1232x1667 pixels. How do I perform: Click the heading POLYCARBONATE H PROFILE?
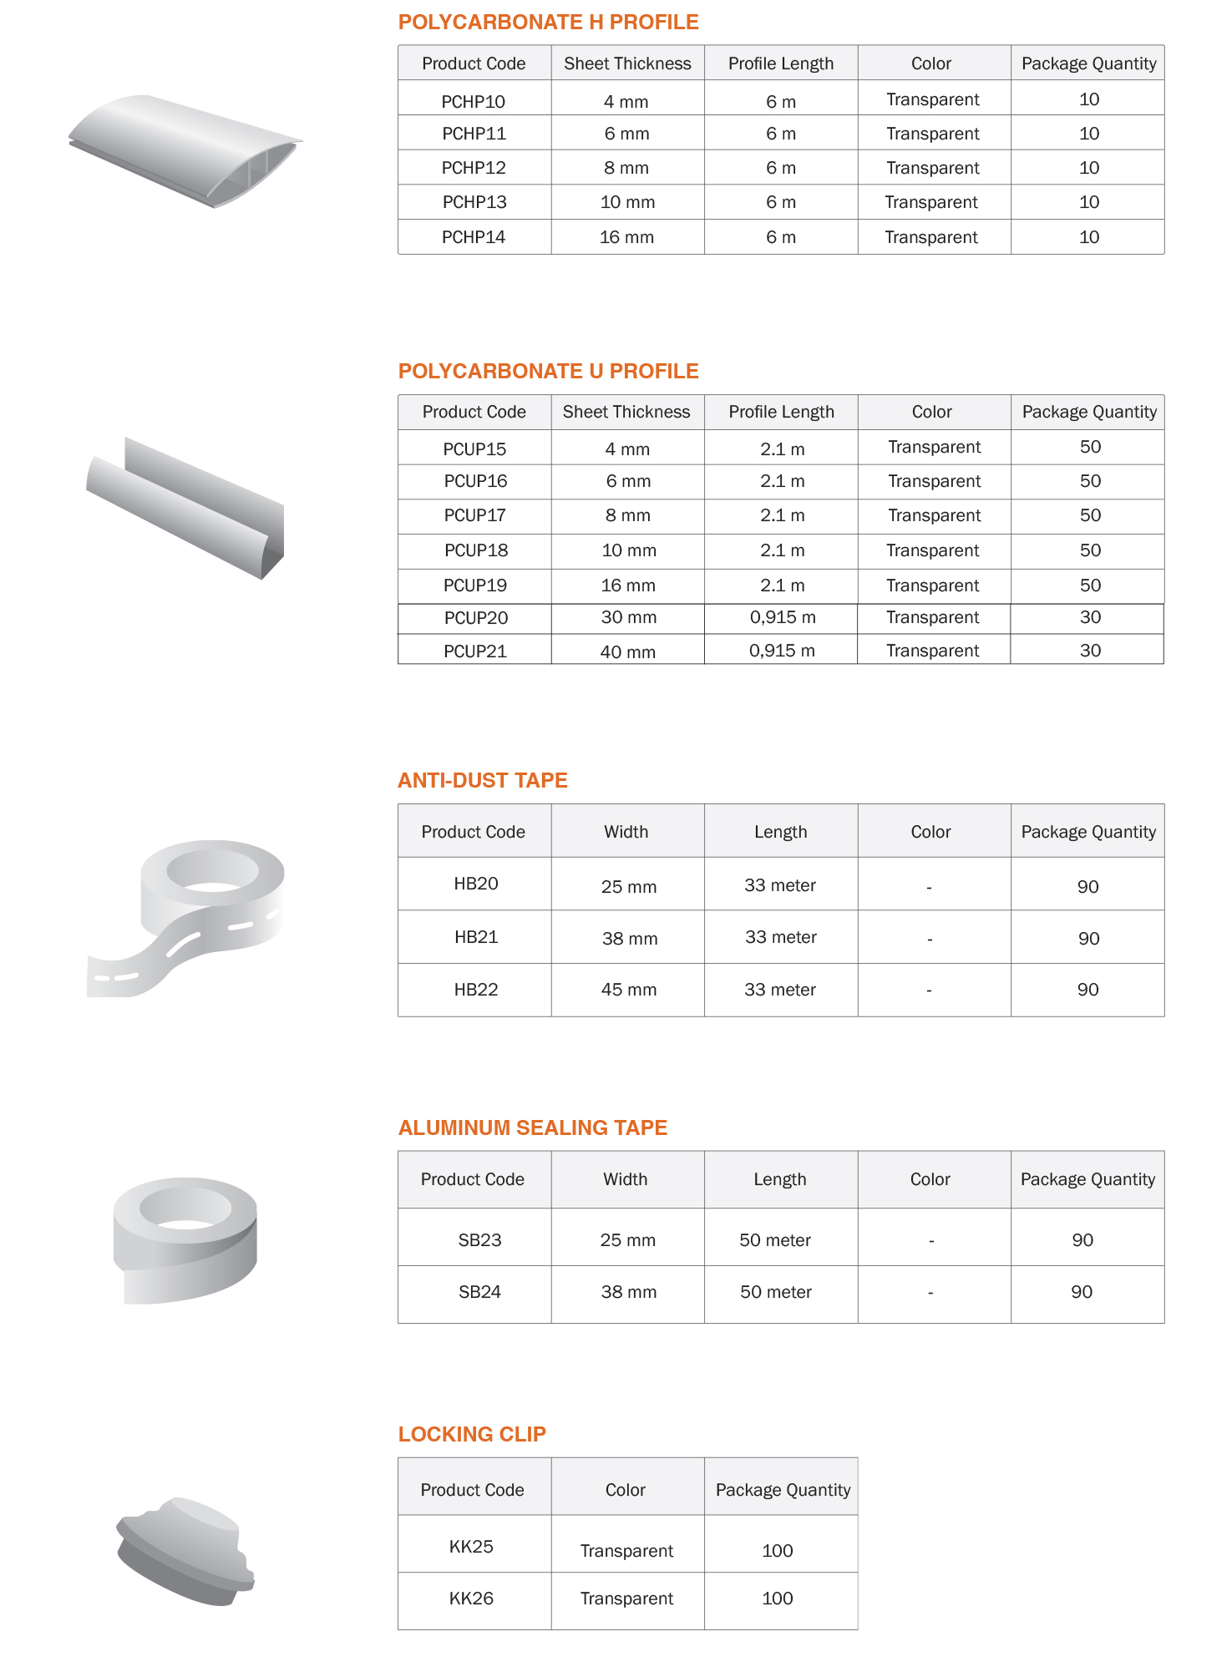pyautogui.click(x=548, y=23)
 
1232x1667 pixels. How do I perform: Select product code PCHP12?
pyautogui.click(x=474, y=168)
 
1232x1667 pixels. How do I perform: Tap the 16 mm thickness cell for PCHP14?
pyautogui.click(x=626, y=237)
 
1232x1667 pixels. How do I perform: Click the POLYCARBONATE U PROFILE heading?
pyautogui.click(x=548, y=372)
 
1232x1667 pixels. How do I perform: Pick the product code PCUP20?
pyautogui.click(x=475, y=618)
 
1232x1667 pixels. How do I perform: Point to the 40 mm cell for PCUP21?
pyautogui.click(x=627, y=651)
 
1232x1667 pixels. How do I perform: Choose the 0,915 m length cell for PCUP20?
pyautogui.click(x=782, y=618)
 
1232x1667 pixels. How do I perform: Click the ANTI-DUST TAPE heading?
pyautogui.click(x=483, y=781)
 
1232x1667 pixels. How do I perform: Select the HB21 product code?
pyautogui.click(x=476, y=937)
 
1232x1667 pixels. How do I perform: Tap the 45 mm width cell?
pyautogui.click(x=628, y=990)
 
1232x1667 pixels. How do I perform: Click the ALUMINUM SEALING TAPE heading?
pyautogui.click(x=533, y=1128)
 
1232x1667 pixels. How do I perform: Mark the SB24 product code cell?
pyautogui.click(x=479, y=1292)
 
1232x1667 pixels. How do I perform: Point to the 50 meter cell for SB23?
pyautogui.click(x=775, y=1240)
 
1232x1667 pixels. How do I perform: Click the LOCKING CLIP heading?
pyautogui.click(x=472, y=1435)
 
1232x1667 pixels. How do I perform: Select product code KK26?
pyautogui.click(x=471, y=1599)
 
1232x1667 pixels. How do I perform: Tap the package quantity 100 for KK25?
pyautogui.click(x=777, y=1551)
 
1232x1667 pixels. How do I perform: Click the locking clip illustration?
pyautogui.click(x=185, y=1551)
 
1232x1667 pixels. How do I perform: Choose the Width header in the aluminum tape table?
pyautogui.click(x=625, y=1179)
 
